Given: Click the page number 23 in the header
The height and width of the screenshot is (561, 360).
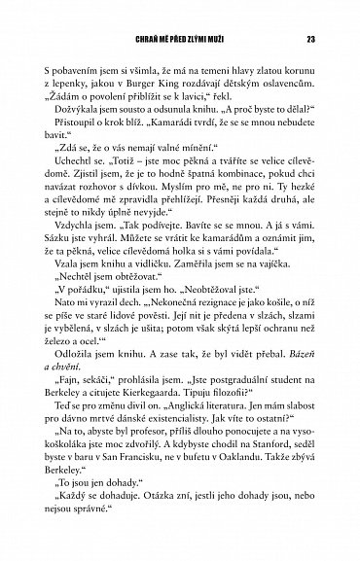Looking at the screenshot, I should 308,40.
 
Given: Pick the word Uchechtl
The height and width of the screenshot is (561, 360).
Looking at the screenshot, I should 82,181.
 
